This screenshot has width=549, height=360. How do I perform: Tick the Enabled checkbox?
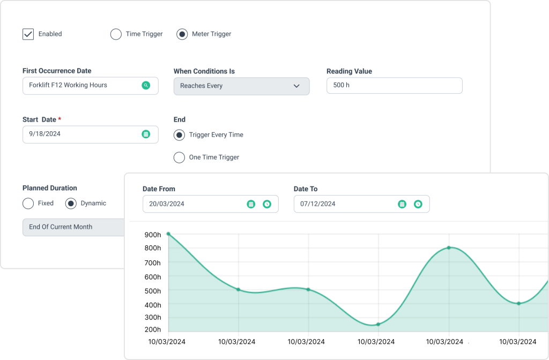click(x=28, y=34)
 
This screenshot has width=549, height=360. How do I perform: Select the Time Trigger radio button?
click(x=116, y=34)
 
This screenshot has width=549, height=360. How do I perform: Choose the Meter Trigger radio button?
click(x=182, y=34)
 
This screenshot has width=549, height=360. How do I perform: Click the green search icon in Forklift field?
click(x=146, y=85)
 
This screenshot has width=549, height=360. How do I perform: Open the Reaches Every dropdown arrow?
click(x=296, y=86)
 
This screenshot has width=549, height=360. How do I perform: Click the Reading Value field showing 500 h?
click(x=394, y=86)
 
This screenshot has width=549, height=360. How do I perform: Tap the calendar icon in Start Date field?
click(x=146, y=134)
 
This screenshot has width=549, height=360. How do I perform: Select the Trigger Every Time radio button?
click(x=180, y=135)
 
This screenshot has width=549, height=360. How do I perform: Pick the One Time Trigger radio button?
click(x=180, y=157)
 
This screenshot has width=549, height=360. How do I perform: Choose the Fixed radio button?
click(x=28, y=204)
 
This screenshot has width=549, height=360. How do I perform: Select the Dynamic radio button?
click(x=71, y=204)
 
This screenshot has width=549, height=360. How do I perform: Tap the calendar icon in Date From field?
click(x=251, y=204)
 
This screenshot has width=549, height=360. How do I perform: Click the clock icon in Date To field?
click(x=418, y=204)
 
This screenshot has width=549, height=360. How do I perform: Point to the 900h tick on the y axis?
click(x=153, y=234)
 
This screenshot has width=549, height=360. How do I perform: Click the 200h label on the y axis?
click(x=153, y=329)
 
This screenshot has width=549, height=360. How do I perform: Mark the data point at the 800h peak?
click(x=449, y=247)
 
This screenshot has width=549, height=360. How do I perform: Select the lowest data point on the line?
click(x=379, y=324)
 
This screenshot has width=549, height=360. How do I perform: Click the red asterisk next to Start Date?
click(x=60, y=119)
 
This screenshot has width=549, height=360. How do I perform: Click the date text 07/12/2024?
click(x=318, y=204)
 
